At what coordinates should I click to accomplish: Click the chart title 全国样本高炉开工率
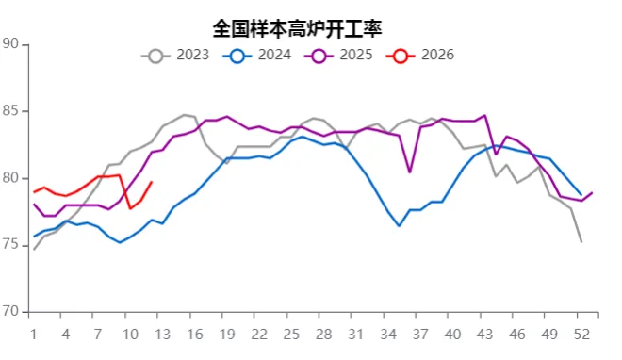[x=298, y=27]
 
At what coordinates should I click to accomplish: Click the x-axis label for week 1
[x=34, y=334]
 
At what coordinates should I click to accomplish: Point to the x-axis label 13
[x=162, y=334]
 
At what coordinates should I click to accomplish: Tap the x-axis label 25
[x=291, y=334]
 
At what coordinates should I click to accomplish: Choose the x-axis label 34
[x=388, y=334]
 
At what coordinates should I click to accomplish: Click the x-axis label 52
[x=581, y=334]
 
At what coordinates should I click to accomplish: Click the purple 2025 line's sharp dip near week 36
[x=410, y=172]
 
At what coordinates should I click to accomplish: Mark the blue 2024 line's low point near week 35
[x=399, y=225]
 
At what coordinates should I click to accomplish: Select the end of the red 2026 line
[x=152, y=182]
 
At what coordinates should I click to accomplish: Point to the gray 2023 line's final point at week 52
[x=581, y=242]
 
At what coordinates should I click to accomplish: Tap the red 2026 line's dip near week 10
[x=130, y=207]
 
